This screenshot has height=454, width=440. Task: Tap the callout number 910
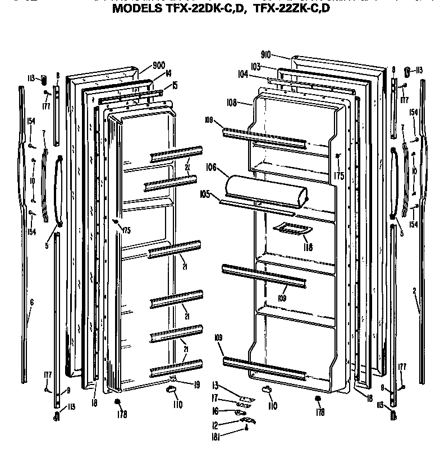pos(265,54)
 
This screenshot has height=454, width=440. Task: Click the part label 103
pos(256,66)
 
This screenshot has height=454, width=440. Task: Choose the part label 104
pos(243,73)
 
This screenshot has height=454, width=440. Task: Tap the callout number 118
pos(307,247)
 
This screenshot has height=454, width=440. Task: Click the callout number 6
pos(31,302)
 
